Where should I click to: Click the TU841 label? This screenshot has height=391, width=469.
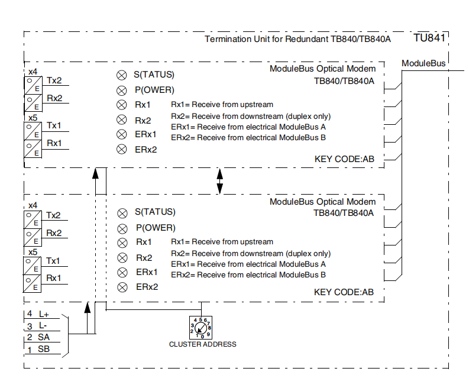coord(429,38)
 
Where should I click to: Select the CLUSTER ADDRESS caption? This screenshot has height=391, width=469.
coord(202,344)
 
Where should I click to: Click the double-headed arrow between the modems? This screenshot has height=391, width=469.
coord(220,181)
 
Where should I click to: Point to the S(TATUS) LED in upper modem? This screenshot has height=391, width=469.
coord(121,75)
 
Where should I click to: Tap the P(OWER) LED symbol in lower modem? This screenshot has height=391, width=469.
coord(122,228)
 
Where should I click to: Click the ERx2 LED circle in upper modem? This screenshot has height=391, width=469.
coord(121,150)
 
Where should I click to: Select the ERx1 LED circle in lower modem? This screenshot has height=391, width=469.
coord(122,273)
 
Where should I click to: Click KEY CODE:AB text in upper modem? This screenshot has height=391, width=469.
coord(344,159)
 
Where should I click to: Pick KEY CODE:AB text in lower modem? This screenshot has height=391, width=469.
coord(344,292)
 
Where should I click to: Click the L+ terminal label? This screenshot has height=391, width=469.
coord(44,314)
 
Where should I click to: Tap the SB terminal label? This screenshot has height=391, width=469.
coord(44,349)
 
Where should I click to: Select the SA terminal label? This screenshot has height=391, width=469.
coord(44,337)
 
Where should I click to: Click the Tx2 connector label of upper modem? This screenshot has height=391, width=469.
coord(54,81)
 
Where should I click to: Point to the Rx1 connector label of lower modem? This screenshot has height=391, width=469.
coord(54,277)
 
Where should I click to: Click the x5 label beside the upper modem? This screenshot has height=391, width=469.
coord(33,118)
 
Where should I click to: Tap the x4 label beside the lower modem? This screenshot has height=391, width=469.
coord(33,205)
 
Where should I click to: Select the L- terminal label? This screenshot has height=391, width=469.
coord(43,326)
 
